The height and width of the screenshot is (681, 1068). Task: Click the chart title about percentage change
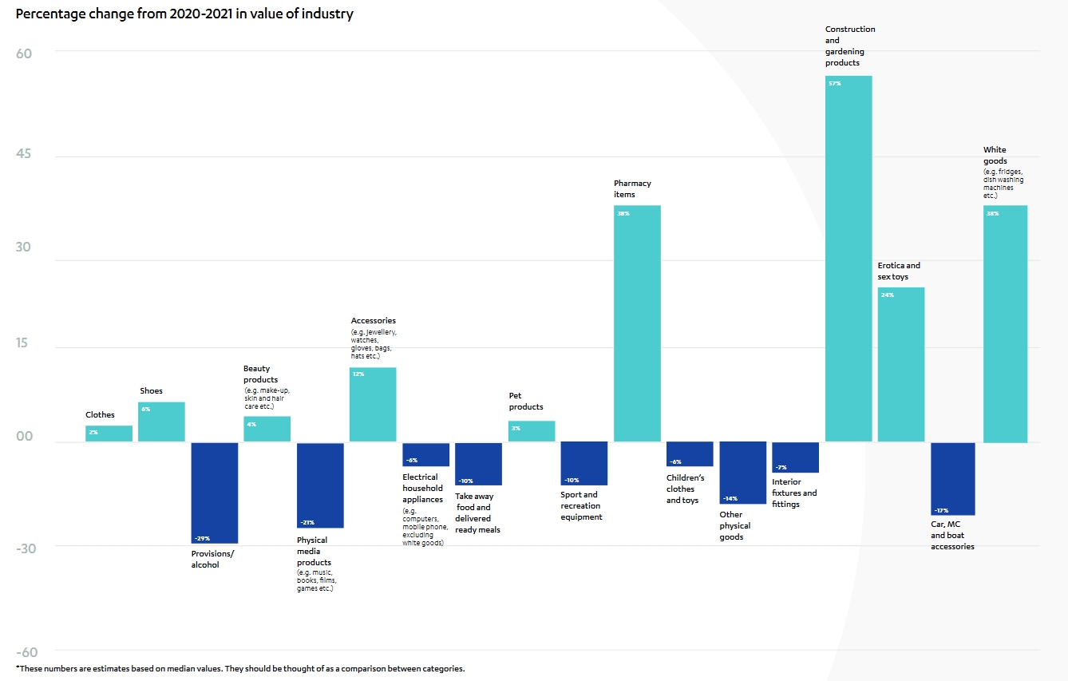[184, 14]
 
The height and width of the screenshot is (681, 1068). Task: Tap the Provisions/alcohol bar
[215, 493]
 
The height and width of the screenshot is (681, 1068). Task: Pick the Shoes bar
[161, 422]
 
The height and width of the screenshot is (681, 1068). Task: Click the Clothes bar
[109, 434]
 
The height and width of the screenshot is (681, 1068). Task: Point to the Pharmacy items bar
[637, 323]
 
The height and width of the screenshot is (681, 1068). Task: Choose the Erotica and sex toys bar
[900, 364]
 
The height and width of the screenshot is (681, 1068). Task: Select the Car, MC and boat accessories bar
[952, 478]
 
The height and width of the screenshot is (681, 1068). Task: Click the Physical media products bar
[320, 485]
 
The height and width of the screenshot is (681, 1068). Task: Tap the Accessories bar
[373, 405]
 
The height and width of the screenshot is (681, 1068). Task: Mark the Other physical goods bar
[742, 473]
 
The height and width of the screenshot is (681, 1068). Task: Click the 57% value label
[835, 84]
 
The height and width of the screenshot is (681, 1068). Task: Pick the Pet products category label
[526, 401]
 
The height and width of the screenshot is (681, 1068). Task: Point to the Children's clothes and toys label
[686, 489]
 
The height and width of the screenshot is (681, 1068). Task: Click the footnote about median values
[239, 668]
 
